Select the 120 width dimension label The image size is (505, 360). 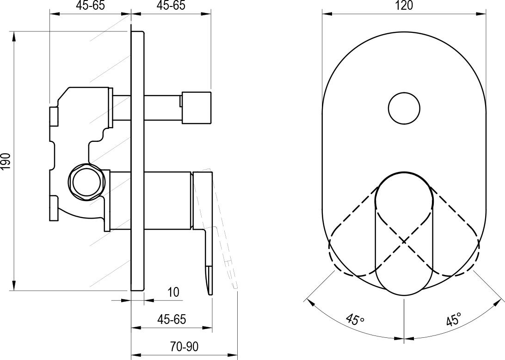404,6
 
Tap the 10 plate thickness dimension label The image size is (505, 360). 173,292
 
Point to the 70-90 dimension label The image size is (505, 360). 184,347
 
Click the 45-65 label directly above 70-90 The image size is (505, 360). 172,319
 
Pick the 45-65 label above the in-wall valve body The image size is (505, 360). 91,6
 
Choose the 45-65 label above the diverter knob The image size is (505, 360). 171,6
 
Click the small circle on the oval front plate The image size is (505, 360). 404,108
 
